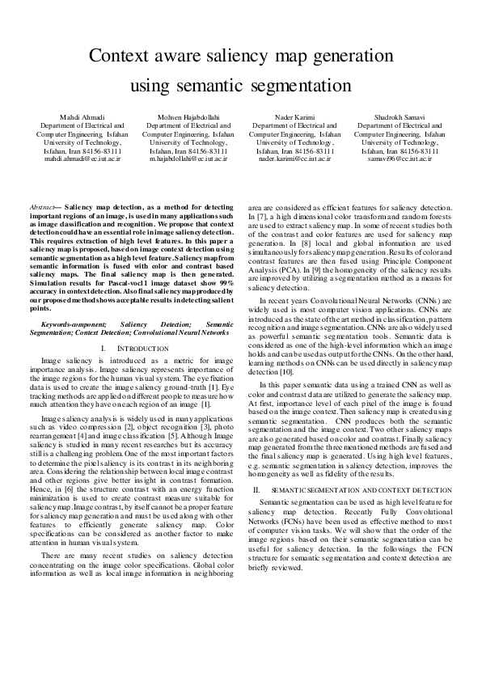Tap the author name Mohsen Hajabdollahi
click(x=188, y=118)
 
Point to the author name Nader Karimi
click(x=294, y=118)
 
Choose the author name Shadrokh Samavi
click(x=400, y=118)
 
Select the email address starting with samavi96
click(x=400, y=159)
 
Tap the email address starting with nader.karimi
click(x=294, y=159)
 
